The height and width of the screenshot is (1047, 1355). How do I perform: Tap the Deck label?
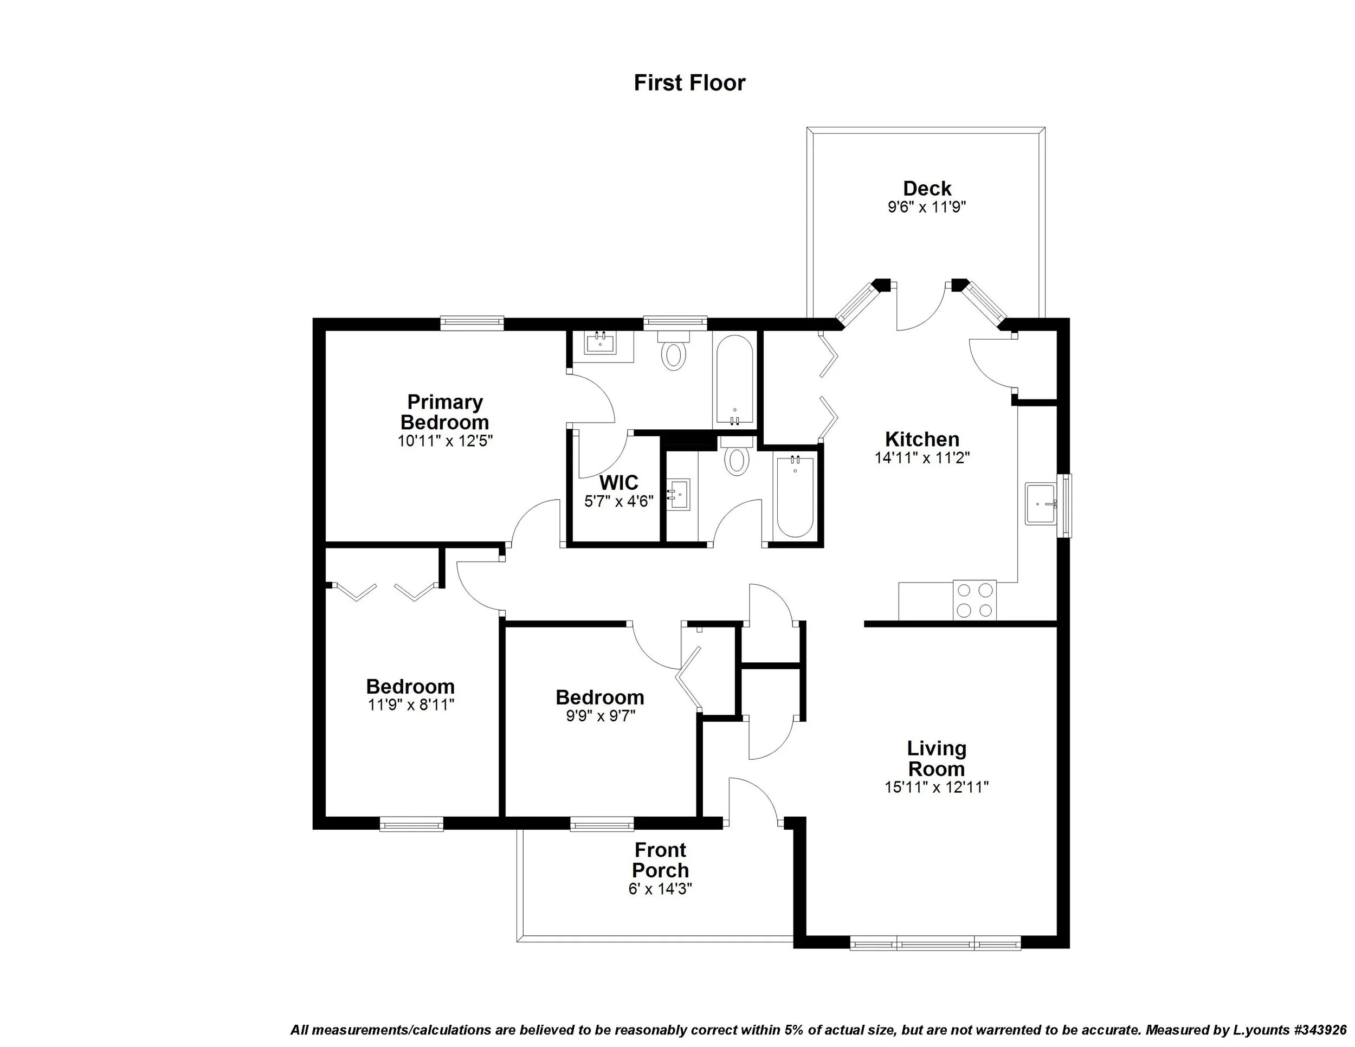(x=927, y=188)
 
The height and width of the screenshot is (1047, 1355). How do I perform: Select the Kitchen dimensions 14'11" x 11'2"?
(x=922, y=458)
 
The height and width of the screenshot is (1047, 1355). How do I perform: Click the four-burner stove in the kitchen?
(x=975, y=600)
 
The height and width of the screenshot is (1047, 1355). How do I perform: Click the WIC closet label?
(x=618, y=482)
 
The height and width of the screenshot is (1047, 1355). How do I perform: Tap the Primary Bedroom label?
(x=445, y=412)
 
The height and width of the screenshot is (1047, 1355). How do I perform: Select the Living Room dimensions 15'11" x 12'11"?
(x=936, y=787)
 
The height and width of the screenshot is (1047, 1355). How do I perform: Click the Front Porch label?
(x=660, y=859)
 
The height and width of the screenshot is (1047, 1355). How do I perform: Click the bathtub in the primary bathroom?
(x=734, y=379)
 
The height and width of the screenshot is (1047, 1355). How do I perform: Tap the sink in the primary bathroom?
(x=601, y=343)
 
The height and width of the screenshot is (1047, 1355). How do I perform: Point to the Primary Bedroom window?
(x=472, y=322)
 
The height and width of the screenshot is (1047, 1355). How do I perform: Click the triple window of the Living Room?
(x=935, y=945)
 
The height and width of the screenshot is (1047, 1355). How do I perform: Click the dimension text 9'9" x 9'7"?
(x=600, y=716)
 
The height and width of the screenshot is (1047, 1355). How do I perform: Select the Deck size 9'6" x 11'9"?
(x=927, y=206)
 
